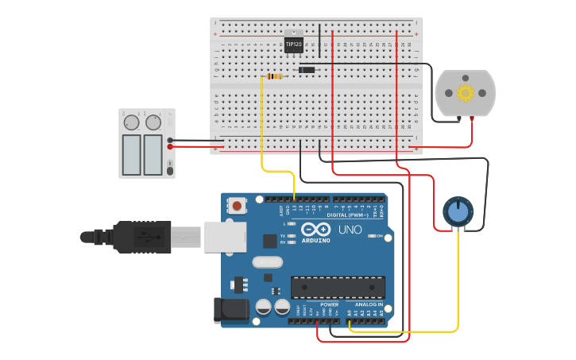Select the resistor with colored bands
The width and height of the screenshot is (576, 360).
[275, 76]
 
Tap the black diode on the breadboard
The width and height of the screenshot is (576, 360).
[306, 70]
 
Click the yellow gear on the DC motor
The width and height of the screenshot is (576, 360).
[466, 93]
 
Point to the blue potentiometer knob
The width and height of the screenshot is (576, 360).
[457, 211]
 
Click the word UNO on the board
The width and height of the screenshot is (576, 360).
[350, 230]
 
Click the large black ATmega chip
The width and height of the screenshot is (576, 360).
[338, 287]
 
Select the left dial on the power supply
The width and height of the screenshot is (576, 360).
[131, 122]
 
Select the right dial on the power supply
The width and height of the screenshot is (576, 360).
[153, 122]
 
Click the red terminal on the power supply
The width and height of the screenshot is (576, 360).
[170, 146]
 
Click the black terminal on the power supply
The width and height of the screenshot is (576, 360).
[170, 140]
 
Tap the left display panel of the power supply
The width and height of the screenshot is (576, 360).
[131, 154]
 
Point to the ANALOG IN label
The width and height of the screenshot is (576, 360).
[368, 304]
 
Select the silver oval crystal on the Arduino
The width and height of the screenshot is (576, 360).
[267, 262]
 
